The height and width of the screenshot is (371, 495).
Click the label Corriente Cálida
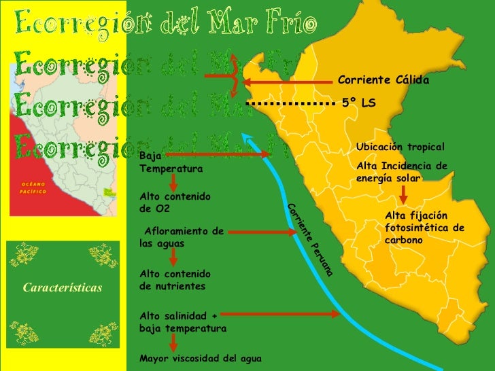[x=383, y=81]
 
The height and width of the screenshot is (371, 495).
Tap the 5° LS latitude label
[x=359, y=103]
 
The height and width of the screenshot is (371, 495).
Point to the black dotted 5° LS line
[x=292, y=103]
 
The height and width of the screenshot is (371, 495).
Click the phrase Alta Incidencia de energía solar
[x=402, y=171]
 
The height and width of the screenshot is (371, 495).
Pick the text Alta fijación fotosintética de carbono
[x=424, y=228]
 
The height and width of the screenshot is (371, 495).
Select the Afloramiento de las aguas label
[x=182, y=237]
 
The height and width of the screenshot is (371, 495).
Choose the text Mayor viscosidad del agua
[x=200, y=357]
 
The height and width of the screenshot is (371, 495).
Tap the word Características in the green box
[x=63, y=287]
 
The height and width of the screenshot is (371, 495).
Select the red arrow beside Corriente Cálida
[x=288, y=83]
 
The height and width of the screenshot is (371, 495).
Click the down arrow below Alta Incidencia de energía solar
[x=403, y=195]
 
